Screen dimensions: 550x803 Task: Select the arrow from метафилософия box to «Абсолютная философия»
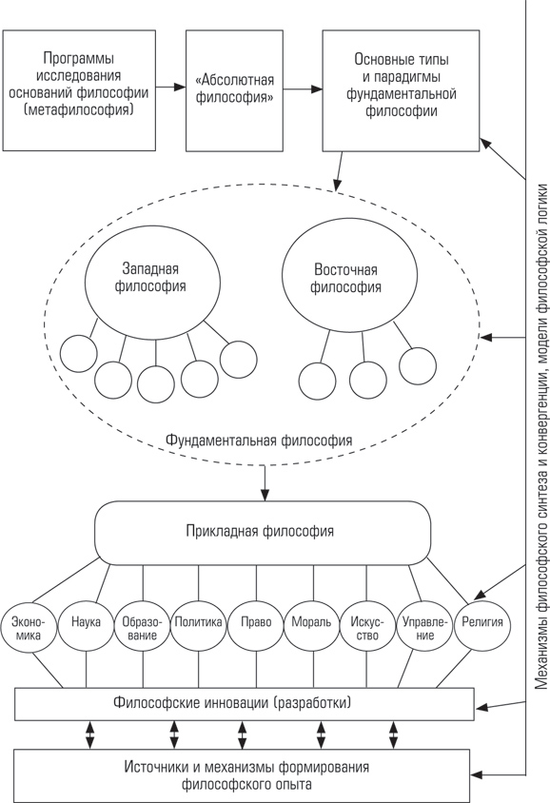pyautogui.click(x=170, y=88)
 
